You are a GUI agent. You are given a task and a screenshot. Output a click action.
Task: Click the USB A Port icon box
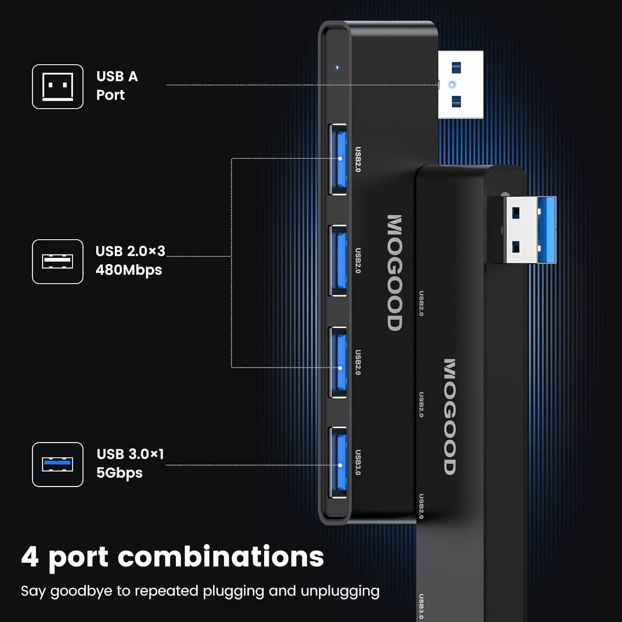tap(58, 87)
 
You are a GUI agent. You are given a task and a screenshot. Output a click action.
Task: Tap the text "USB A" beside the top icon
tap(117, 77)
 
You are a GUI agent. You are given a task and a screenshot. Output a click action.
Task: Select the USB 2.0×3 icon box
tap(58, 262)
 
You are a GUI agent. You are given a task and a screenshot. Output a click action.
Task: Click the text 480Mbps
tap(129, 270)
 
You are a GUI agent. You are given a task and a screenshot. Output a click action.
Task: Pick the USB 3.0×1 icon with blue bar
tap(58, 464)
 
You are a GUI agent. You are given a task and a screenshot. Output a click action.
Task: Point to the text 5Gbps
tap(119, 473)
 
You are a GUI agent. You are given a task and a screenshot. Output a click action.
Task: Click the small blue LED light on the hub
tap(337, 67)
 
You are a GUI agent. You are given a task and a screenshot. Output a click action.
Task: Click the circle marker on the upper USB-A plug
tap(452, 85)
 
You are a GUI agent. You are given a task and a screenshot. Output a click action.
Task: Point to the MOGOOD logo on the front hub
tap(395, 272)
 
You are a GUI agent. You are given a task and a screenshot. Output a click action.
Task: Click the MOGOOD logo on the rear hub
tap(450, 417)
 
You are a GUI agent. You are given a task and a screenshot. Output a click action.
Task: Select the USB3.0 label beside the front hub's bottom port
tap(358, 462)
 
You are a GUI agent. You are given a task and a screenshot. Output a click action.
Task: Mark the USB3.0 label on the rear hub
tap(421, 607)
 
